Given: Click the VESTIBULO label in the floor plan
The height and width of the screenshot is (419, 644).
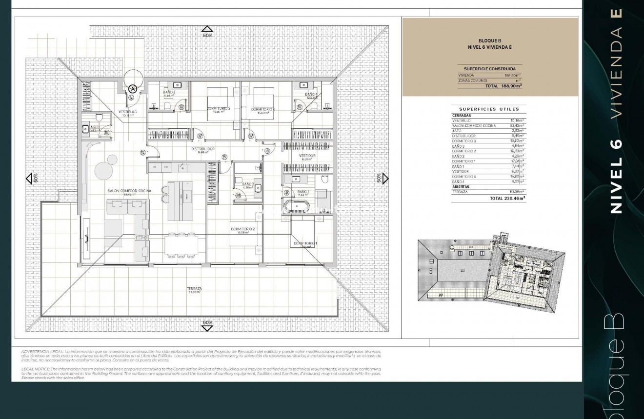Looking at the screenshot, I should click(x=127, y=112).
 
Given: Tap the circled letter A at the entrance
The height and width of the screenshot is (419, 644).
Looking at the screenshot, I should click(x=132, y=89).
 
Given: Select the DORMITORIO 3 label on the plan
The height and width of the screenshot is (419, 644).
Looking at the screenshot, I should click(x=218, y=108).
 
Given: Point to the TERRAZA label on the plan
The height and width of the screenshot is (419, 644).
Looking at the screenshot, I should click(x=194, y=289).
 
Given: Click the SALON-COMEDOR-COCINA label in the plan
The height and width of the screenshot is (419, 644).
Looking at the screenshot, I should click(x=129, y=190).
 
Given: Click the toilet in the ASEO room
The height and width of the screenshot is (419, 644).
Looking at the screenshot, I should click(x=99, y=118).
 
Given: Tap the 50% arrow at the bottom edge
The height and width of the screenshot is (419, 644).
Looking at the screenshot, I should click(x=208, y=325).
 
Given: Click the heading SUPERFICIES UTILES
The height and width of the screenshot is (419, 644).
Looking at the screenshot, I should click(x=489, y=109).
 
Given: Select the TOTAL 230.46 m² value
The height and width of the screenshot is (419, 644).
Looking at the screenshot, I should click(x=507, y=199).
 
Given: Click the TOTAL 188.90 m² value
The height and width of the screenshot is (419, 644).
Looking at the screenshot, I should click(x=503, y=86).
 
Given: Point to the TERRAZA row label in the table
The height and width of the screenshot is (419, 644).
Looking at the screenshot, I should click(x=460, y=192).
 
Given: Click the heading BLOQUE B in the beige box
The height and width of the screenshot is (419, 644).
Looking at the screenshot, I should click(x=489, y=41).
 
